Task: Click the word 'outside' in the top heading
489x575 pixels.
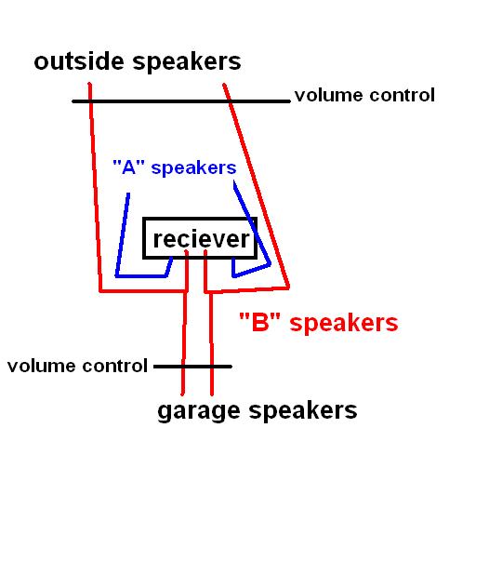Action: click(79, 61)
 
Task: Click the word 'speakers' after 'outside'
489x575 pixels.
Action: click(187, 62)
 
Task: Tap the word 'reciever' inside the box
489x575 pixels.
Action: click(201, 239)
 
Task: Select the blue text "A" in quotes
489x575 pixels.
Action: click(128, 167)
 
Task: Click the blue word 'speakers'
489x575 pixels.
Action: click(193, 168)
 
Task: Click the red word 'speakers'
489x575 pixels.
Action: click(344, 324)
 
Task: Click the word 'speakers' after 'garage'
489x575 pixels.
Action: click(303, 411)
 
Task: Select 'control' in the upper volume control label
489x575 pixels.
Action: click(403, 95)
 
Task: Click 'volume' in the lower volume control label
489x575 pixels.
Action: click(41, 366)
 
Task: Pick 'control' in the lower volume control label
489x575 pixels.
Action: click(114, 366)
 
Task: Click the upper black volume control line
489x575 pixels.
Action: click(181, 101)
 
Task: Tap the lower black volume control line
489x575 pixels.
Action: click(192, 367)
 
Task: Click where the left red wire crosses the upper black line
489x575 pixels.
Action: click(90, 101)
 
